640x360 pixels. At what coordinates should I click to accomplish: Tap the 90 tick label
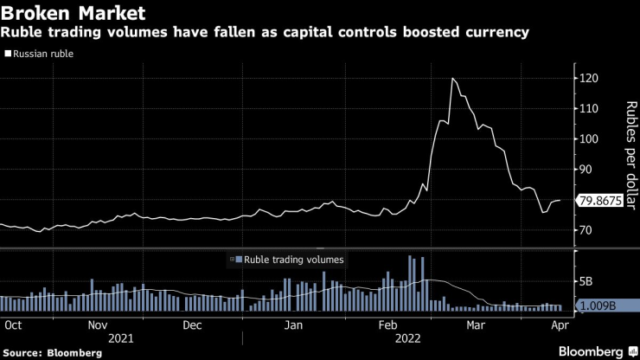click(x=588, y=170)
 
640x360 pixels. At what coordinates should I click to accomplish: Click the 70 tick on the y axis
click(x=588, y=230)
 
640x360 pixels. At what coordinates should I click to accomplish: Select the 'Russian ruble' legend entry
click(x=41, y=54)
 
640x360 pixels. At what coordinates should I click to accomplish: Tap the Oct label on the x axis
click(x=13, y=325)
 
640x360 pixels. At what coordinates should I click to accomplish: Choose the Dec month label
click(x=192, y=325)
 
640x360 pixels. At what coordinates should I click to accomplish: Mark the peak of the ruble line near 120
click(x=452, y=79)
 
